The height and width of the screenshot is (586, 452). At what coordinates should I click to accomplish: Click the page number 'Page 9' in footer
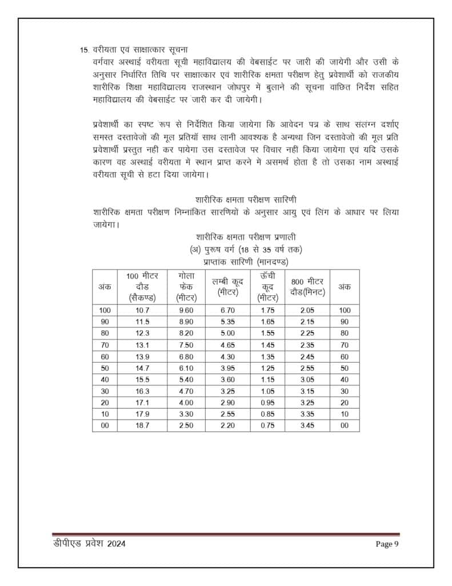387,544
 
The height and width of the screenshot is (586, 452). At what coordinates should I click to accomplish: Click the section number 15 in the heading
83,50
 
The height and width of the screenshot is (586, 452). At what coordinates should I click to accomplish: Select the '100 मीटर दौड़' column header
142,286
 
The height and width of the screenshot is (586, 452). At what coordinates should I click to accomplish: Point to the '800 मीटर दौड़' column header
307,287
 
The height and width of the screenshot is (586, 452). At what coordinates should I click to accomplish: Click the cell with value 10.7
142,310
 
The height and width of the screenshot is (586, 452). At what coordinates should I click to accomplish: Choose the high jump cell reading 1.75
267,310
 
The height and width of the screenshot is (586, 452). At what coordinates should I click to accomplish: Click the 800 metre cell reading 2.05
307,310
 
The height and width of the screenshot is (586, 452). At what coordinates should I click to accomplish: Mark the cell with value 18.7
142,426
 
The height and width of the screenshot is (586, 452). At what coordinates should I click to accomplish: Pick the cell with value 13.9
142,357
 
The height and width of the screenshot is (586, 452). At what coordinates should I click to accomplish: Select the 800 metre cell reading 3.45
307,426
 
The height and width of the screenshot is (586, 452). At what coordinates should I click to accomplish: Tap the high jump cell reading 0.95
267,403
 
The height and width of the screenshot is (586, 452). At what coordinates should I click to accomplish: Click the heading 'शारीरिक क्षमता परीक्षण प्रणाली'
246,237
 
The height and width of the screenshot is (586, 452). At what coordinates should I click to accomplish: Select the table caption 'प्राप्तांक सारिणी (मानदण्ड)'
246,262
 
